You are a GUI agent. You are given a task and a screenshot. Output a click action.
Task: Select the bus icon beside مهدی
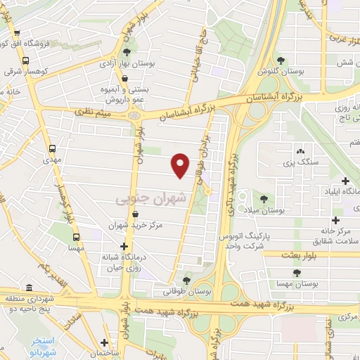[x=53, y=149]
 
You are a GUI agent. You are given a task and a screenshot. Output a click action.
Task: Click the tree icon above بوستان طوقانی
[x=186, y=281]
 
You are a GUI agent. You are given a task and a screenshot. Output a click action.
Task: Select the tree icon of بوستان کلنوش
[x=282, y=60]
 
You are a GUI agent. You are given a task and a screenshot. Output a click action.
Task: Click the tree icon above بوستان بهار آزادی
[x=126, y=52]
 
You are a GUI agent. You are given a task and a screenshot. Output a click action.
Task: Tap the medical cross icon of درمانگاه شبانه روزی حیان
[x=125, y=247]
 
